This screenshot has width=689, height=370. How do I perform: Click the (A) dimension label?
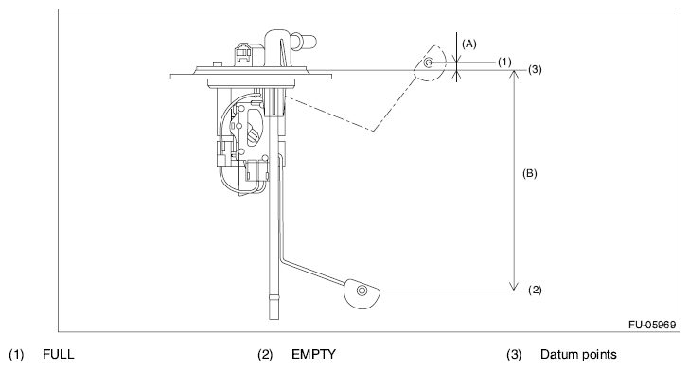click(469, 44)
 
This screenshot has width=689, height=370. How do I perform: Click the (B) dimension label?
click(529, 173)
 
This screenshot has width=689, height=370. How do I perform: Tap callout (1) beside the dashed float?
click(504, 62)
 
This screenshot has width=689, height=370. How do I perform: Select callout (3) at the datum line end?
click(535, 69)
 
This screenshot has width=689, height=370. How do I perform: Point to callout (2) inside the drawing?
click(535, 290)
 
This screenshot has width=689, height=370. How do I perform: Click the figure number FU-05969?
click(652, 325)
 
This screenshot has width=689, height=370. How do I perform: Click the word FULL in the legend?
click(59, 354)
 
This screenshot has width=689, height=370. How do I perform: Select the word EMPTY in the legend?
click(314, 354)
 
